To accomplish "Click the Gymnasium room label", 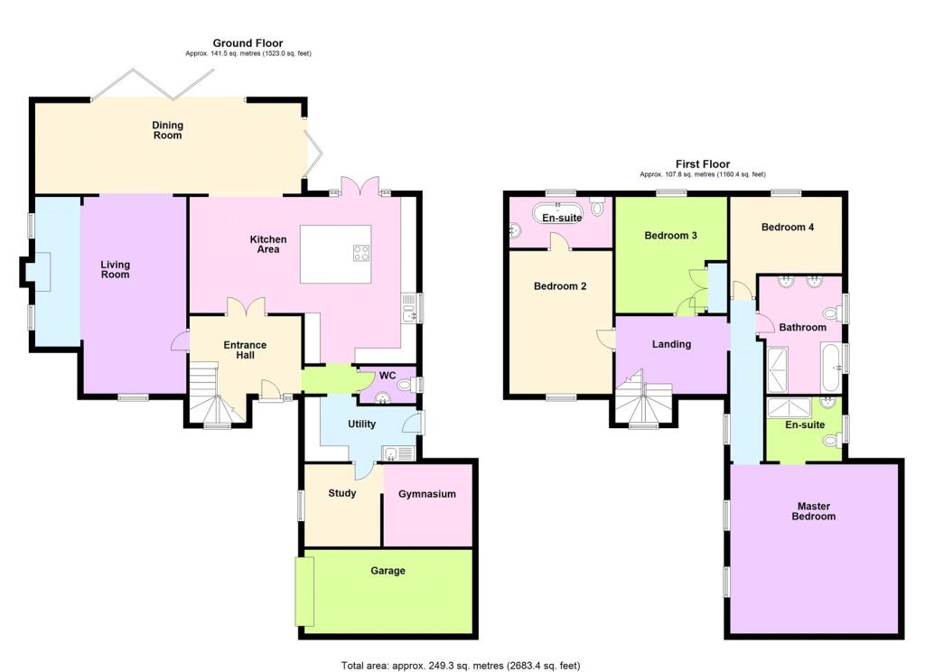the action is [426, 494].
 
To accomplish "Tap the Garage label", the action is [388, 571].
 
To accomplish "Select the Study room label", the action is [342, 493].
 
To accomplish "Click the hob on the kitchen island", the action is [361, 253].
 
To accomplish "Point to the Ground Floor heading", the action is [248, 43].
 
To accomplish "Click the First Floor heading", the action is [703, 164].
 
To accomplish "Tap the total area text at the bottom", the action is [461, 666].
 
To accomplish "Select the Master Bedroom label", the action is [814, 511].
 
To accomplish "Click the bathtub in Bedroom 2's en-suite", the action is [556, 213].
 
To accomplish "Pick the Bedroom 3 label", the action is [670, 236].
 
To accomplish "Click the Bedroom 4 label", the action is [788, 227].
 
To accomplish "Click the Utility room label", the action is [361, 425].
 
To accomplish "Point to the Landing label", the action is [671, 344].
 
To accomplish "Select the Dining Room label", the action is [167, 130].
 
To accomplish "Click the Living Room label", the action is [115, 270].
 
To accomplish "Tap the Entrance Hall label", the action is [245, 350].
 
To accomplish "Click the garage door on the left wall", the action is [305, 591].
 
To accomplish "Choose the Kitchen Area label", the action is [268, 244].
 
